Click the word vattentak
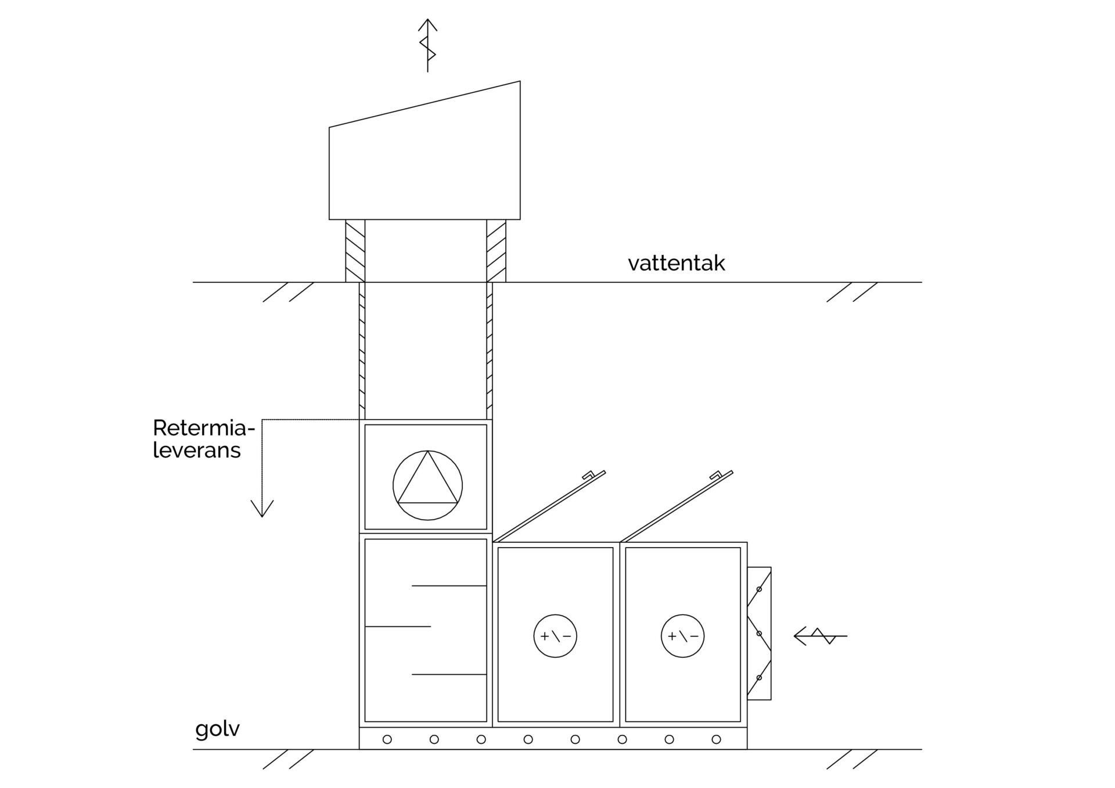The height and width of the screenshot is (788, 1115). pos(676,263)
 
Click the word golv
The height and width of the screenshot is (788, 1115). pos(217,729)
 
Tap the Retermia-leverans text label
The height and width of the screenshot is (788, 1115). pos(203,439)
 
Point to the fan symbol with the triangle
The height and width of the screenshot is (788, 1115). pos(427,485)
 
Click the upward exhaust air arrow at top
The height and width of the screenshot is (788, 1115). pos(428,45)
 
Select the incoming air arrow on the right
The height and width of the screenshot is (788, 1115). pos(820,636)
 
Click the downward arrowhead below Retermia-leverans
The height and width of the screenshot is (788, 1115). pos(262,509)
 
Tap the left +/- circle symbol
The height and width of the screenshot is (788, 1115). pos(555,636)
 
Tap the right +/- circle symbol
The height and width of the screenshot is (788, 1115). pos(682,636)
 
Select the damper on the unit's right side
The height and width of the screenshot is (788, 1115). pos(759,634)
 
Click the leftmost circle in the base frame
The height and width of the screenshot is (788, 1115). pos(387,739)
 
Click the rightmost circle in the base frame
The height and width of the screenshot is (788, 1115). pos(716,739)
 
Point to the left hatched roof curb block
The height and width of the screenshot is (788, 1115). pos(355,251)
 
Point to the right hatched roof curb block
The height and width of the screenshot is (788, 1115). pos(496,251)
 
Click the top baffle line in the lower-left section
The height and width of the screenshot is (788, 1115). pos(448,586)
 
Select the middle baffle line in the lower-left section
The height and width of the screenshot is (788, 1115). pos(398,627)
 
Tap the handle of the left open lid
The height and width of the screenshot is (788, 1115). pos(588,475)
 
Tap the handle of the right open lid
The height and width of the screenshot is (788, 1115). pos(715,475)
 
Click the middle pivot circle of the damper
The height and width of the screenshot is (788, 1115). pos(759,634)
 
